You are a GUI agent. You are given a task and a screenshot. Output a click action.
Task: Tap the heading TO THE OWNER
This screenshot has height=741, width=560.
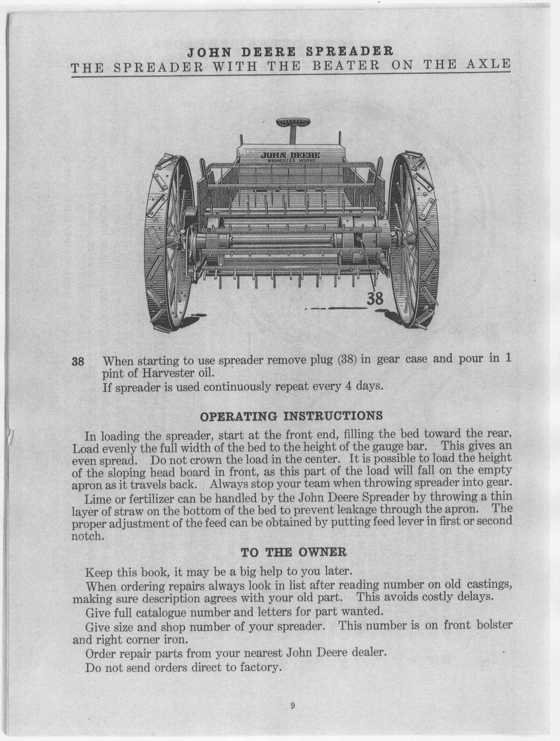[294, 552]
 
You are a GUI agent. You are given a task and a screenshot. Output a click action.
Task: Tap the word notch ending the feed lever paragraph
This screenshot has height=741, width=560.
[86, 536]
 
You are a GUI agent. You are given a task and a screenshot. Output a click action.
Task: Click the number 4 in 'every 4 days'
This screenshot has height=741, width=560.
[338, 387]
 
